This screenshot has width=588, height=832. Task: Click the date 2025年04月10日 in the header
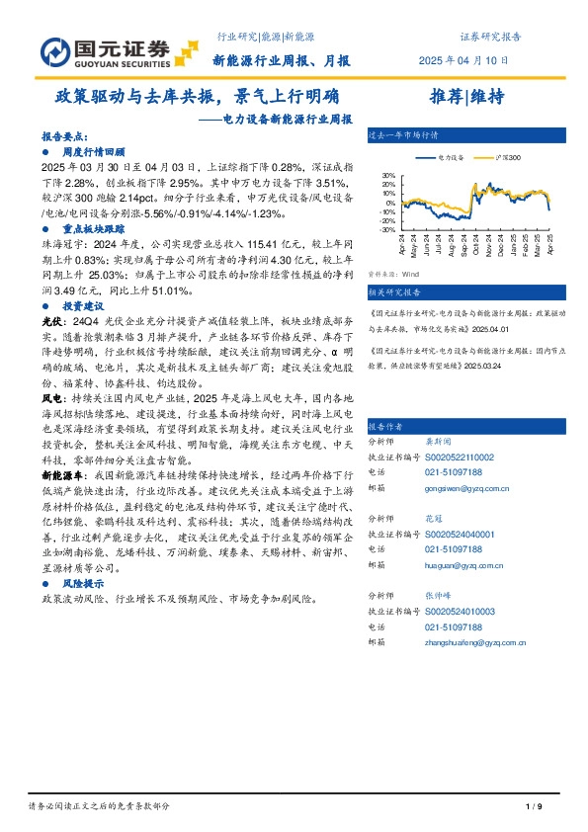[479, 60]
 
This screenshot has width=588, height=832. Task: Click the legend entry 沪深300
[507, 158]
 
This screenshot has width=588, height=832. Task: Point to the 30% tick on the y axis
[389, 176]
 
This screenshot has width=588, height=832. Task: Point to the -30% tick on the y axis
[388, 228]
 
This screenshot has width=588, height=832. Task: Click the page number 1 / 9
[535, 807]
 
